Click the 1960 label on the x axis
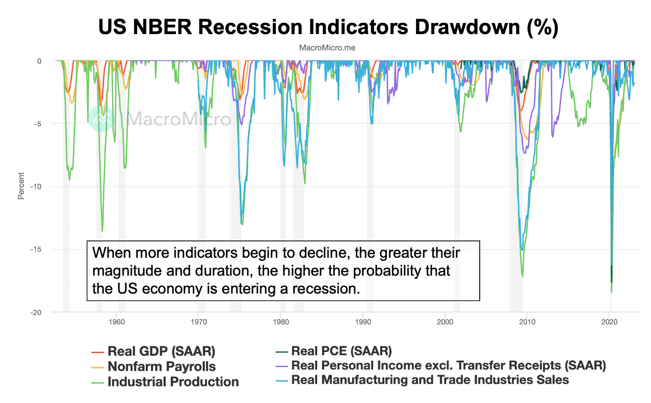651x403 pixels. (x=117, y=322)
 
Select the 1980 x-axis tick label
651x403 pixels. (x=280, y=322)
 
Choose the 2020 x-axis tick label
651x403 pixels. (x=609, y=322)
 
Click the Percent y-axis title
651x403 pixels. (x=21, y=186)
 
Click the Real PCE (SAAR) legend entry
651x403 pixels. (x=341, y=351)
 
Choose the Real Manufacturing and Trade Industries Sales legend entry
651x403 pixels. (x=430, y=380)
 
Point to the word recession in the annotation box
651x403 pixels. (x=330, y=289)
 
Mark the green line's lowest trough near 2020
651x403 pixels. (x=611, y=292)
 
